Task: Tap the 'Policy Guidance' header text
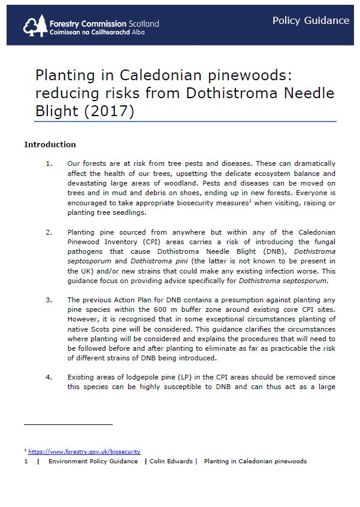310,20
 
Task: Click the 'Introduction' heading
50,144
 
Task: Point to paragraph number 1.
49,163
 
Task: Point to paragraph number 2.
49,232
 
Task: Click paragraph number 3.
49,300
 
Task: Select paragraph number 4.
49,377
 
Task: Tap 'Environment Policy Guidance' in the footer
93,462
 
